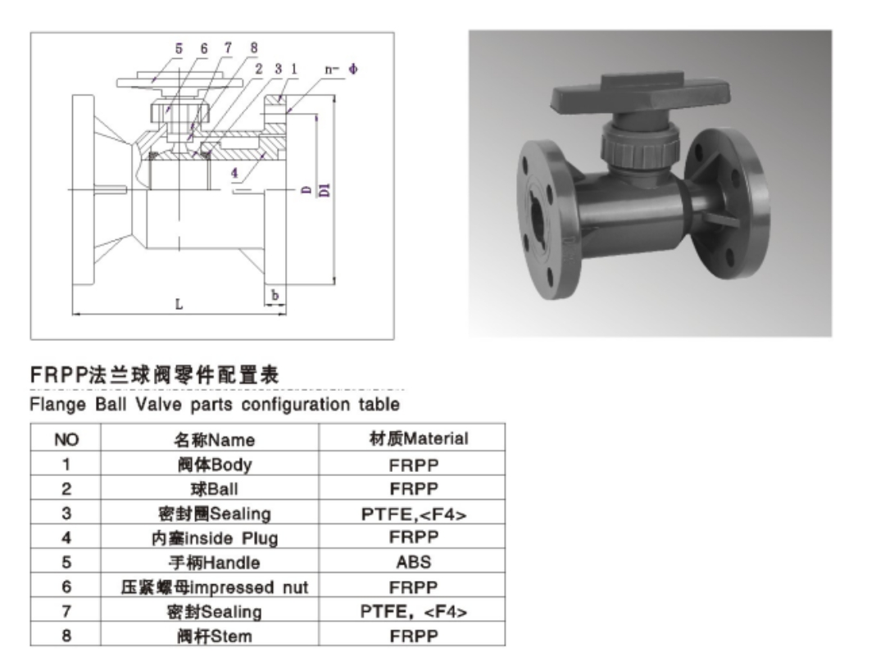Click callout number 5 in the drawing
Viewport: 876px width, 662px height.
coord(179,49)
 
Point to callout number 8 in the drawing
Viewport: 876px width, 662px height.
coord(254,49)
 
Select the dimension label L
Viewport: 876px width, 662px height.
coord(179,304)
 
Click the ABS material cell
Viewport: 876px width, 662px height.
coord(414,563)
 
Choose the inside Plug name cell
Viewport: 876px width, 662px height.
coord(215,538)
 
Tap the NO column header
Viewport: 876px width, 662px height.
coord(66,440)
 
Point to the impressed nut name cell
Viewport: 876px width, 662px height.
coord(215,587)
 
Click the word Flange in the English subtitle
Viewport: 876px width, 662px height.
coord(53,404)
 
